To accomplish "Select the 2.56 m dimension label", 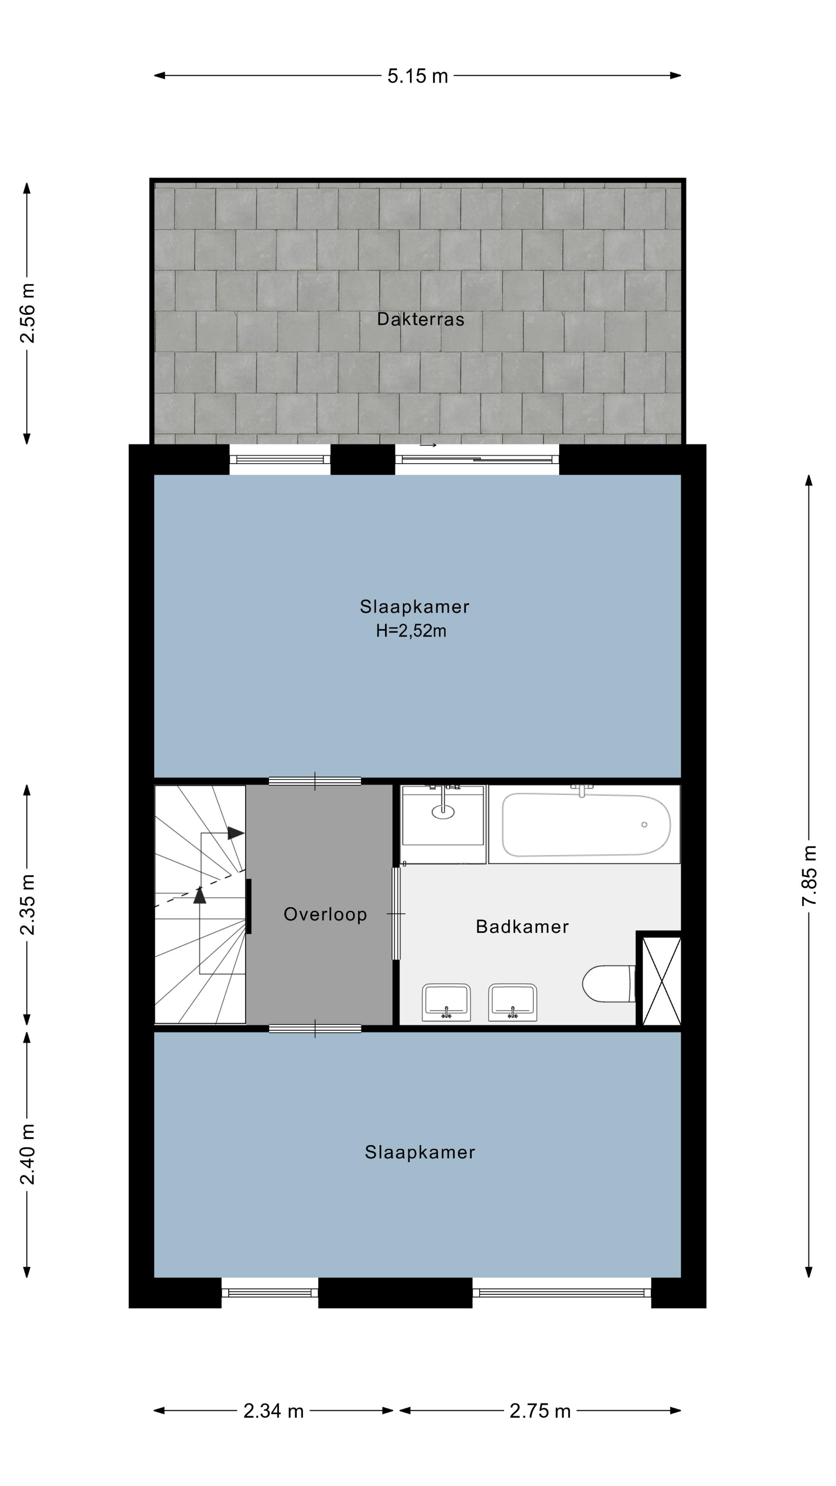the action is (x=27, y=313).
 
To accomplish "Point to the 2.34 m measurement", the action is (x=274, y=1411).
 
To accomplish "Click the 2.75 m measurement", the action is (x=540, y=1411).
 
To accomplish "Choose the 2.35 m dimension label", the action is (x=27, y=904).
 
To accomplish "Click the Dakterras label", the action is (x=421, y=319).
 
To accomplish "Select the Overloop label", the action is (x=325, y=914).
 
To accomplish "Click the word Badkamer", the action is (x=522, y=926).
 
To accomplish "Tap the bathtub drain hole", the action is (x=644, y=825).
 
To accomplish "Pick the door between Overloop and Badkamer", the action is (x=396, y=914).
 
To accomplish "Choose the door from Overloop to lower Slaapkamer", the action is (x=315, y=1029).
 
